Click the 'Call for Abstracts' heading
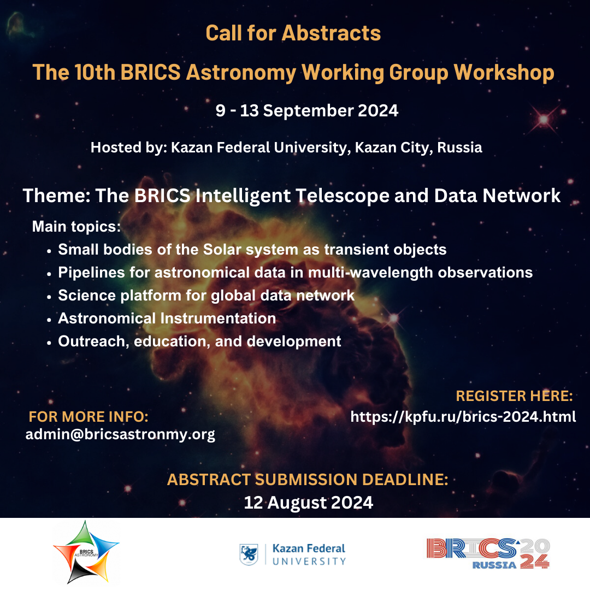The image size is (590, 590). click(293, 33)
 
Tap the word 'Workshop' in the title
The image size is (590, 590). click(504, 72)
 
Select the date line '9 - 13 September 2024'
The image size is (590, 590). click(306, 110)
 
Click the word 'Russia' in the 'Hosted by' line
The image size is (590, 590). click(459, 147)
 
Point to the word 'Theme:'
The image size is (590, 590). click(56, 196)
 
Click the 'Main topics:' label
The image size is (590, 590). click(76, 227)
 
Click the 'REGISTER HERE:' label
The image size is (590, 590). click(514, 396)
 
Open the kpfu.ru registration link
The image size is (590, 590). click(463, 417)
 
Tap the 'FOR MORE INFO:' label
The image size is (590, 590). click(88, 416)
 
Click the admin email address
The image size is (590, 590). click(120, 435)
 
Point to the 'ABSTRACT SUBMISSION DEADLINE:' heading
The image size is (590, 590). click(308, 480)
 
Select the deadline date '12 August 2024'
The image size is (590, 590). click(308, 503)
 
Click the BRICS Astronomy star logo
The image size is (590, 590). click(86, 552)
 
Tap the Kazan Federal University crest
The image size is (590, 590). click(249, 554)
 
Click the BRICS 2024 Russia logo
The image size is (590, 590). click(488, 553)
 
